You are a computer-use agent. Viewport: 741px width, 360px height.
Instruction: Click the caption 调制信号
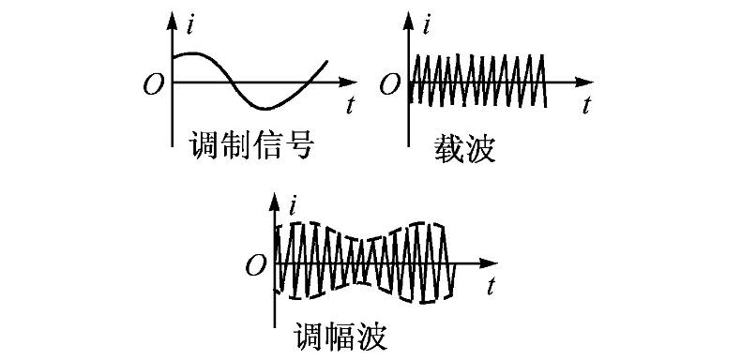pyautogui.click(x=250, y=144)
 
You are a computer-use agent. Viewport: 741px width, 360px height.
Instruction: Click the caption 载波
pyautogui.click(x=463, y=147)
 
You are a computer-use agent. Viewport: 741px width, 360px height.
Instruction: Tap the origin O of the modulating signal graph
pyautogui.click(x=152, y=84)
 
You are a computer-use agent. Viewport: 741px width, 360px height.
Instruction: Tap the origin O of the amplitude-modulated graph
pyautogui.click(x=255, y=265)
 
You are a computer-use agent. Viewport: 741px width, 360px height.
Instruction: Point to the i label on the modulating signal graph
pyautogui.click(x=190, y=25)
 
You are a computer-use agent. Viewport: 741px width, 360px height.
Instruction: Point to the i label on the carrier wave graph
pyautogui.click(x=429, y=25)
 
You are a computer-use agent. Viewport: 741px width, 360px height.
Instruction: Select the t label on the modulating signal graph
pyautogui.click(x=349, y=105)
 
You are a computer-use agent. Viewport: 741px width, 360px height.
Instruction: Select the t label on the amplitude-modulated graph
pyautogui.click(x=491, y=283)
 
